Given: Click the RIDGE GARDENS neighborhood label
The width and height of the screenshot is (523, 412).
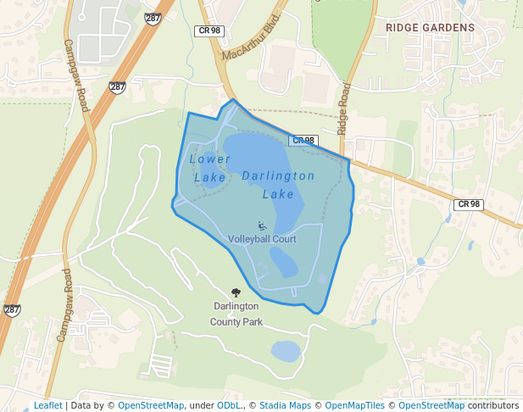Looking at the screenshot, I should click(x=430, y=27).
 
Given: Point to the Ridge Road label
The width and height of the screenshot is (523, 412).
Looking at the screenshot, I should click(x=343, y=109).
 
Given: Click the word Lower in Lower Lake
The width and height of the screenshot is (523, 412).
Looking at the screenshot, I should click(x=209, y=159).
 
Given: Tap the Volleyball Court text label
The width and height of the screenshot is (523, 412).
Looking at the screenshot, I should click(x=262, y=240).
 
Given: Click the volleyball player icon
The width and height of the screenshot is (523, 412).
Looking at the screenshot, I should click(x=262, y=225).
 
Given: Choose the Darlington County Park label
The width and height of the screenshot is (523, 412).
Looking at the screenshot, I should click(x=236, y=314).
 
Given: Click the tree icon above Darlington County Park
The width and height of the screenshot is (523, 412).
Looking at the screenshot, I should click(x=236, y=292).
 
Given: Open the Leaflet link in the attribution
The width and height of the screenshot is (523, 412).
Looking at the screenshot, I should click(x=47, y=405).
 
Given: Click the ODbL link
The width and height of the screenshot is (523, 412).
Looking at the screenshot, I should click(x=228, y=405).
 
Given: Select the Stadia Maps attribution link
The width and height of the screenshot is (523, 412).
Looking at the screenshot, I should click(x=285, y=405).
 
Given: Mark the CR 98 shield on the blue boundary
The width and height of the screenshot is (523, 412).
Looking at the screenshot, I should click(x=303, y=141).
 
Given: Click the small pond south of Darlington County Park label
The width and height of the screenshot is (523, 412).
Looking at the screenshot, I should click(x=286, y=351).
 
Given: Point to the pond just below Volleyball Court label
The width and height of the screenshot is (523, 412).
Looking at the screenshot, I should click(x=284, y=266).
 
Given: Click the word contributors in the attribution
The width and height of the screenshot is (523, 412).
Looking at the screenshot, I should click(x=493, y=405).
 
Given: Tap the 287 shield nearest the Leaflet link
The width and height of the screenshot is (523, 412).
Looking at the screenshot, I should click(x=12, y=310).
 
